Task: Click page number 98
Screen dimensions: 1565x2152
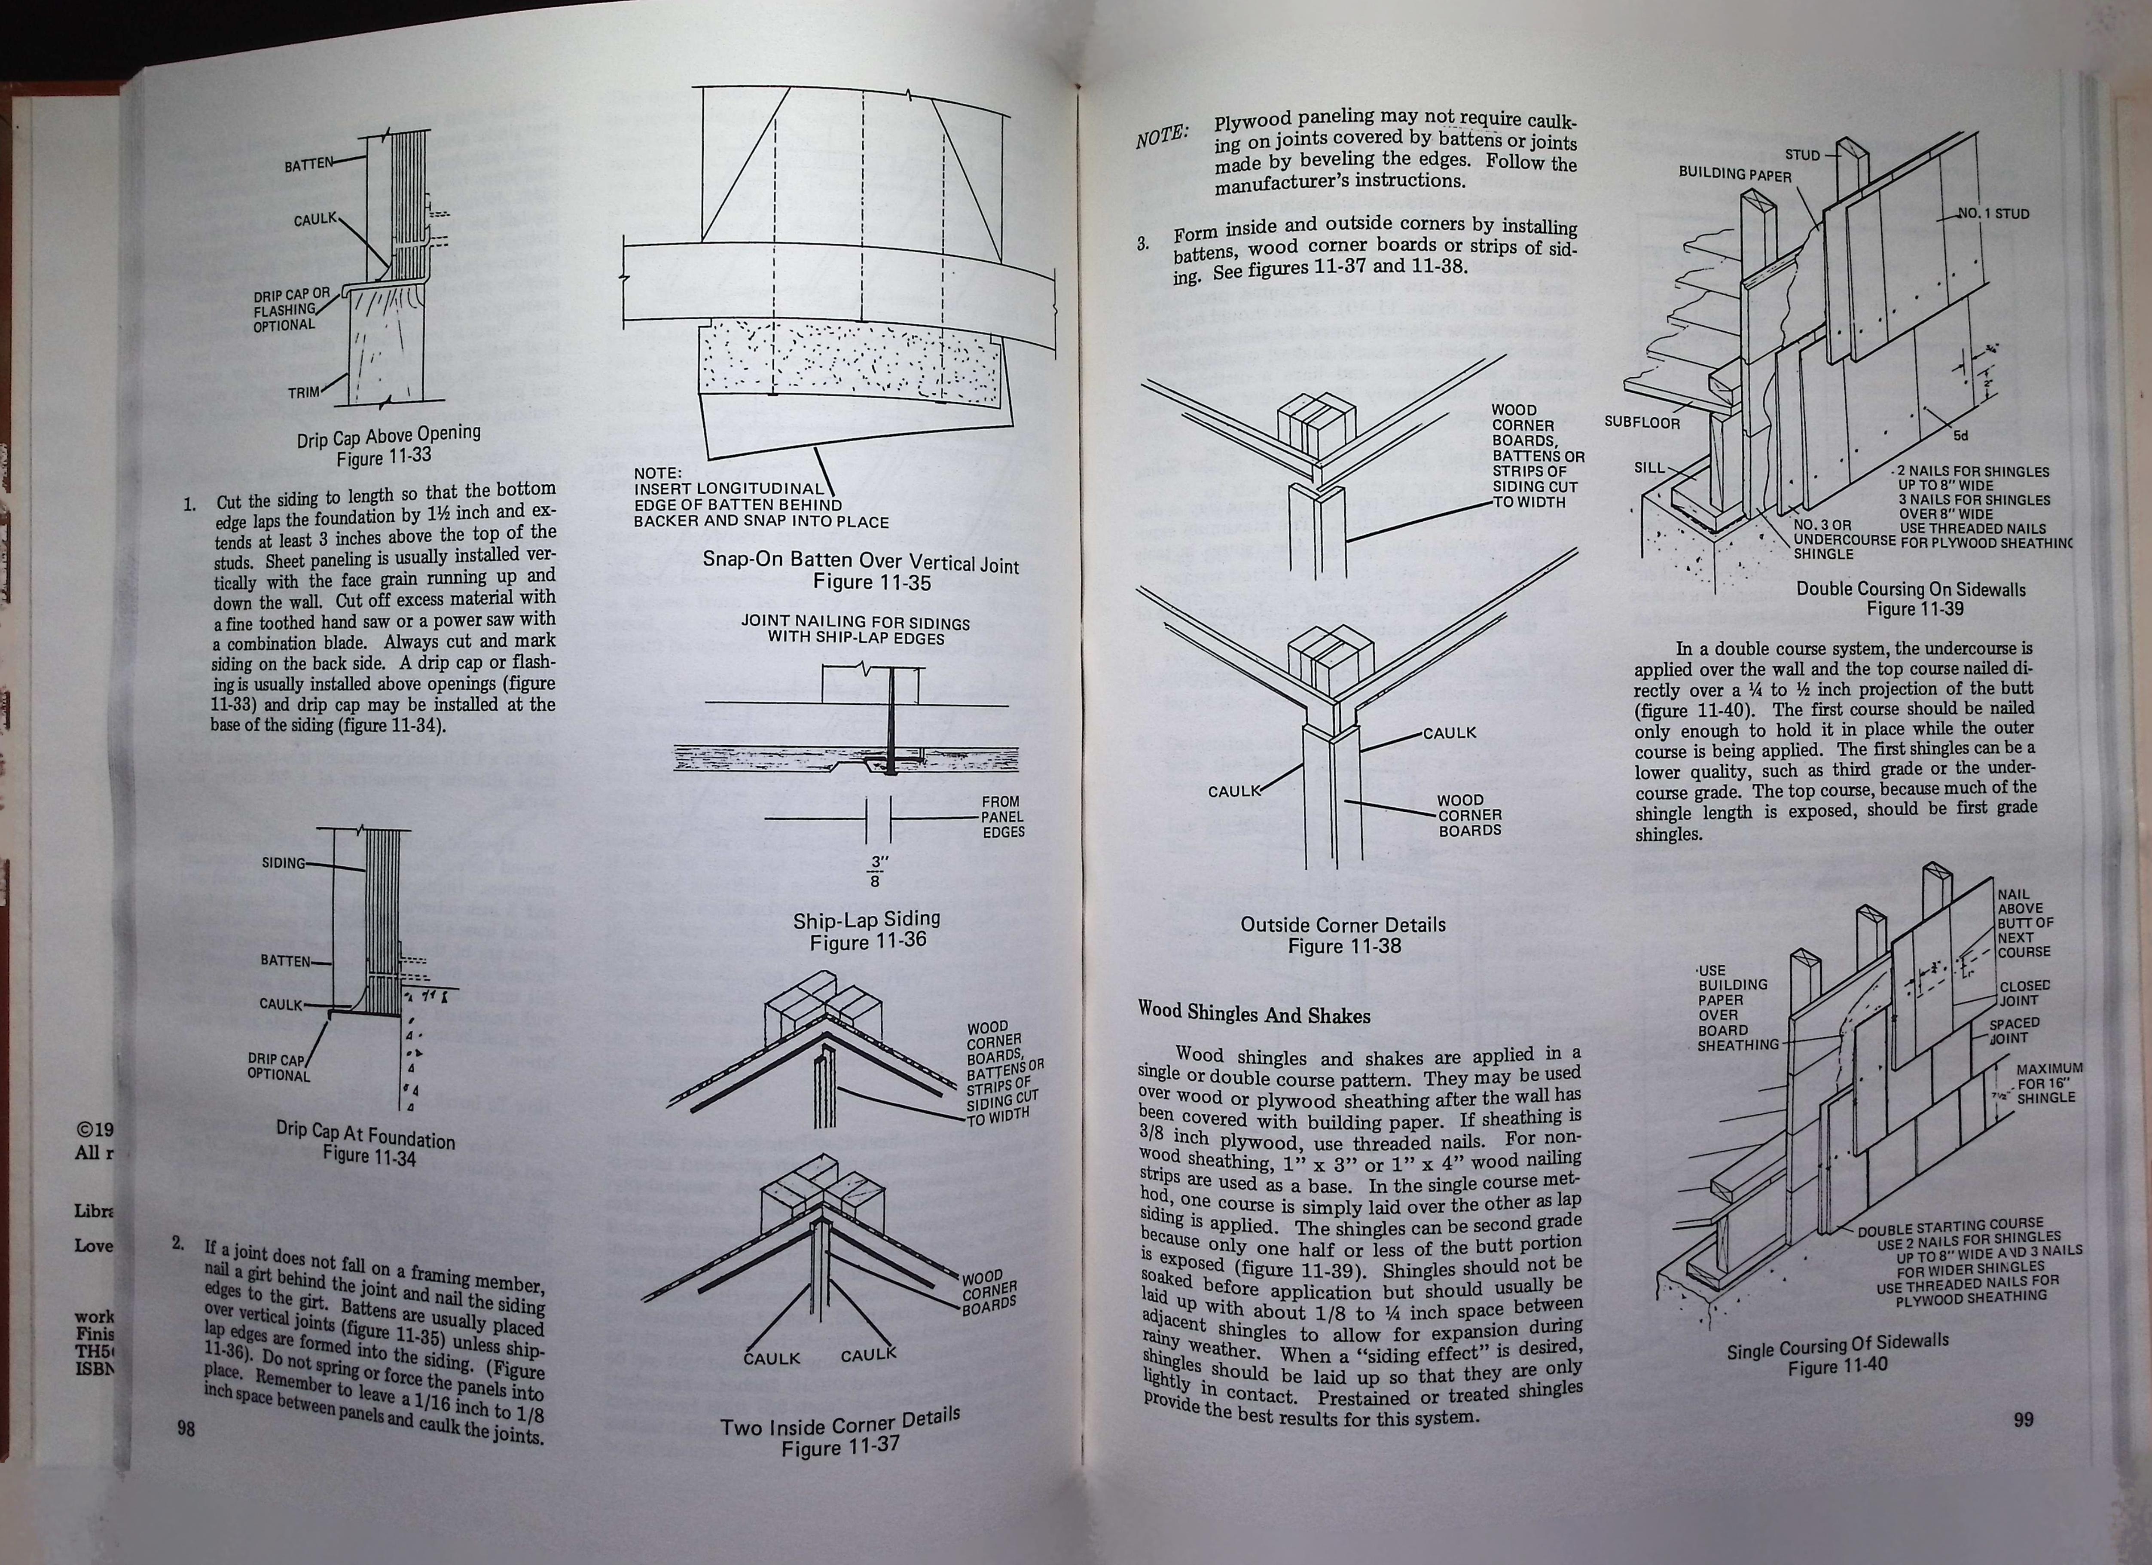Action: (x=186, y=1427)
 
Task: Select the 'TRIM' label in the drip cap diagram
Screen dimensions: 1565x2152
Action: (x=304, y=391)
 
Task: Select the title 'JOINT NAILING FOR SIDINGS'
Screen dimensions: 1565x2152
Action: (x=856, y=624)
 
